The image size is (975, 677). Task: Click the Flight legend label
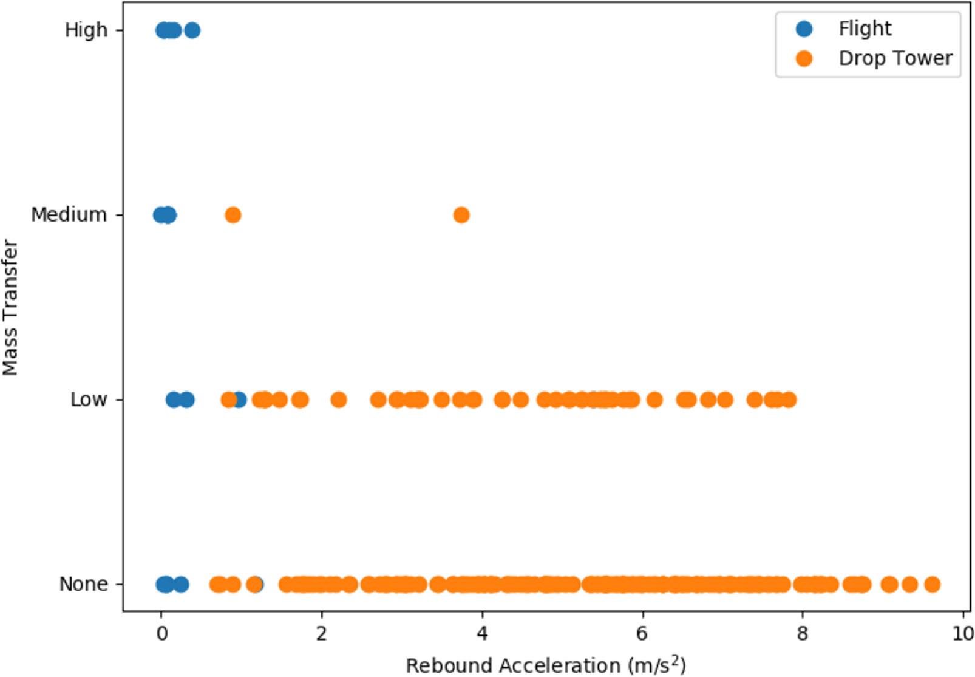(865, 29)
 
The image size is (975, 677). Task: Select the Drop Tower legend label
(895, 58)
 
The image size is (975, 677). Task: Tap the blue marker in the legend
(804, 29)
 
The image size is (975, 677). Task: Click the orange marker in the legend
(804, 58)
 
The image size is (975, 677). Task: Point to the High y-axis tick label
(86, 30)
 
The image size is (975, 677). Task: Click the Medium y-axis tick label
(69, 215)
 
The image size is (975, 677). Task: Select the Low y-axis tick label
(89, 400)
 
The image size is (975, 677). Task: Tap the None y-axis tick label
(83, 584)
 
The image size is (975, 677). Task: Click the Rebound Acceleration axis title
(545, 665)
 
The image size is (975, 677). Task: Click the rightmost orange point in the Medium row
(461, 215)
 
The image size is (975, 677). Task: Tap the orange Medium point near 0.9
(233, 215)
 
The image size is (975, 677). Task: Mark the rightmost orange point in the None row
(933, 585)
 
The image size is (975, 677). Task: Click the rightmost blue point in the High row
(192, 30)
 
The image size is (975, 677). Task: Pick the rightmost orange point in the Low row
(788, 400)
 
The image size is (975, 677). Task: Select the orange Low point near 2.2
(339, 400)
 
